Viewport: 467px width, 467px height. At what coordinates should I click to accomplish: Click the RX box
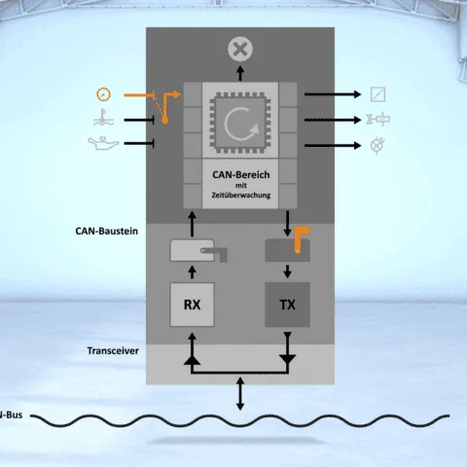[192, 305]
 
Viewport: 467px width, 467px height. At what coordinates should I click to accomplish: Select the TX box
[287, 305]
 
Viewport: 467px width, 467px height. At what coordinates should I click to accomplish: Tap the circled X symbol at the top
[240, 50]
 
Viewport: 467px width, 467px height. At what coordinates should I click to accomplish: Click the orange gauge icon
[104, 94]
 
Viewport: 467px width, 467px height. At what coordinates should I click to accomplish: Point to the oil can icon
[103, 143]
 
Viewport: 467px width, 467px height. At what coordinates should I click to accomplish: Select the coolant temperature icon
[103, 118]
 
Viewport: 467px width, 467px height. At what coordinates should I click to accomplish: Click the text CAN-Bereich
[241, 175]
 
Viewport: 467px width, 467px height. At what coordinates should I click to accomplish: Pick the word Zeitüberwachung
[241, 196]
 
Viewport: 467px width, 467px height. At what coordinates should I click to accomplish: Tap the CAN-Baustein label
[107, 231]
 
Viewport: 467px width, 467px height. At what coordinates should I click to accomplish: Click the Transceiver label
[113, 350]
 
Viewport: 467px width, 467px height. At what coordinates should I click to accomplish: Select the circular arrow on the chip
[241, 124]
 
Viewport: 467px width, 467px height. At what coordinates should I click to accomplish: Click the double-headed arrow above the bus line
[240, 393]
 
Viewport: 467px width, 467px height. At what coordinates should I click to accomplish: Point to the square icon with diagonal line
[378, 94]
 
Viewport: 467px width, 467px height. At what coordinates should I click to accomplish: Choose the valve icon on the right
[378, 119]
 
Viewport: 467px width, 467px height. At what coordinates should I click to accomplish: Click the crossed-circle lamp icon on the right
[377, 145]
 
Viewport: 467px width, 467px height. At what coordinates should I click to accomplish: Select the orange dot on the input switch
[164, 121]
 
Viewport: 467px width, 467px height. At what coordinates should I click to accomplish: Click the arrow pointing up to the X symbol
[240, 73]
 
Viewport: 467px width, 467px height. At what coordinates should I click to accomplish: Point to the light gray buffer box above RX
[192, 250]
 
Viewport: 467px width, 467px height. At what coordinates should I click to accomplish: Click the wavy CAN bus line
[240, 420]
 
